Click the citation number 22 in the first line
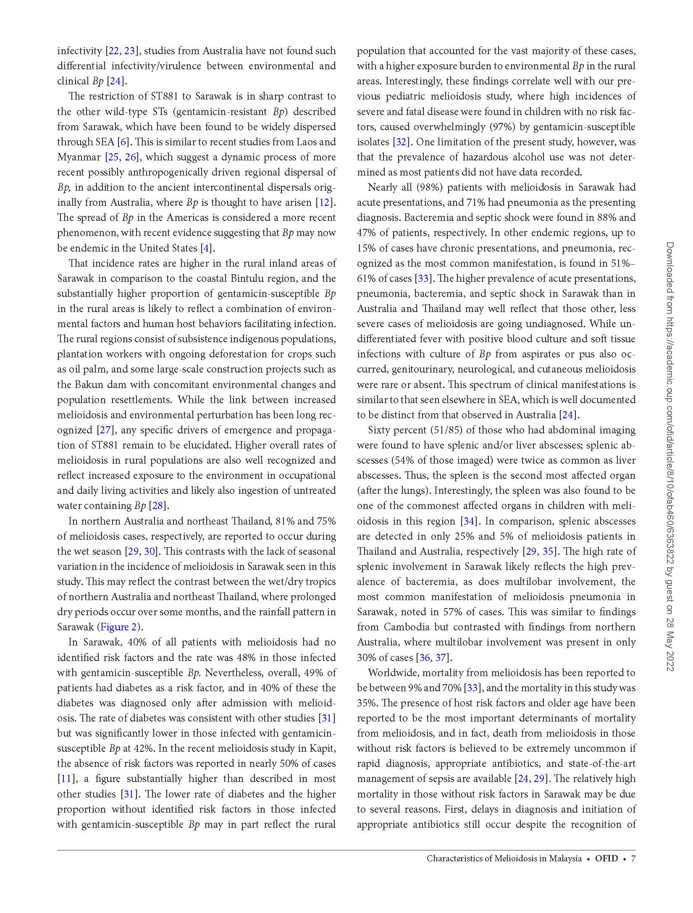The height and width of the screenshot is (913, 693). [x=113, y=51]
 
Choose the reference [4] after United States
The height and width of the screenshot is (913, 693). [x=206, y=248]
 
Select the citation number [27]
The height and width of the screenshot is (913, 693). [x=104, y=430]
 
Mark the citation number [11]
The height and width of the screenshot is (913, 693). [x=66, y=779]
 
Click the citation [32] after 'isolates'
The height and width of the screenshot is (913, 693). [x=402, y=142]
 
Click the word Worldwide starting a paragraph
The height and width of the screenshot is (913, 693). [x=392, y=672]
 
